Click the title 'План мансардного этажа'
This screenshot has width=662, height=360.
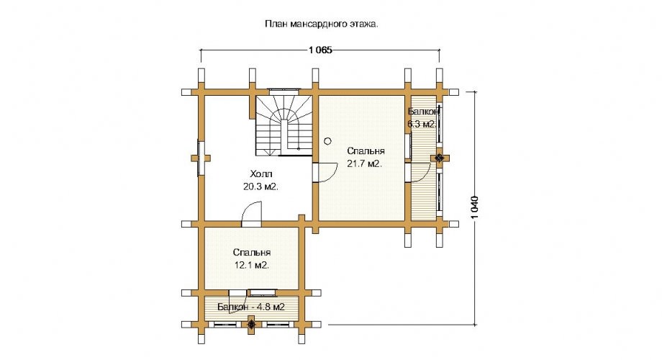(x=322, y=24)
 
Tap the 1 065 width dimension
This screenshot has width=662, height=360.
(x=320, y=50)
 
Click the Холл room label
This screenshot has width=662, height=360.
(x=261, y=174)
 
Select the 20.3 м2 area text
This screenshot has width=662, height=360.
(x=261, y=186)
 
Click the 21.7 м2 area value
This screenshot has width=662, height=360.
(x=364, y=164)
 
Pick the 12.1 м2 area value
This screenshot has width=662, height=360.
(x=252, y=266)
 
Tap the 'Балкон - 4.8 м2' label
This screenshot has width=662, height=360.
(x=251, y=307)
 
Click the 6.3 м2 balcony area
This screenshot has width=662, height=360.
(x=422, y=125)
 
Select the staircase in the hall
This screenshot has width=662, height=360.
(x=284, y=125)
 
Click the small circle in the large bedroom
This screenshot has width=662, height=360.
(x=327, y=142)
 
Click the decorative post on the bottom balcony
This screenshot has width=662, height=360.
(x=252, y=324)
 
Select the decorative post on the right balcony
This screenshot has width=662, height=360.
(x=439, y=158)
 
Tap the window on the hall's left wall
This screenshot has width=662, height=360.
(x=201, y=158)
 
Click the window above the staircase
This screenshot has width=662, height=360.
(x=284, y=89)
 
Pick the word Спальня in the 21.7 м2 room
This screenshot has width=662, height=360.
(x=366, y=151)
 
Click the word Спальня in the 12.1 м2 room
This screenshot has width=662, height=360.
(x=252, y=253)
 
